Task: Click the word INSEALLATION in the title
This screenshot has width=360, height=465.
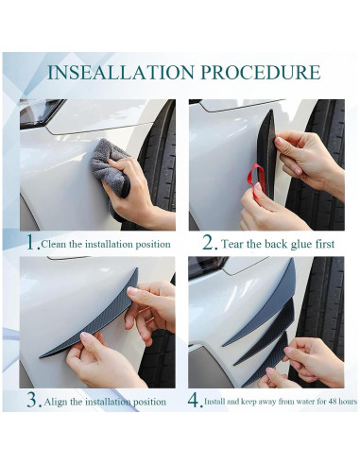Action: pos(121,72)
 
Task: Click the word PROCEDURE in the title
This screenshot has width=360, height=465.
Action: pos(261,72)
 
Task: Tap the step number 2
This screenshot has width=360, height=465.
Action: pos(208,243)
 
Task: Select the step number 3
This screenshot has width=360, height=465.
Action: pos(32,400)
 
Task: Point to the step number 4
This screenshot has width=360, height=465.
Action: pos(194,400)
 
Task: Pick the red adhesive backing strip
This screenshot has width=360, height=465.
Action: pos(257,181)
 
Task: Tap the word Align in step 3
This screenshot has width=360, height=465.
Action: pos(56,402)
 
